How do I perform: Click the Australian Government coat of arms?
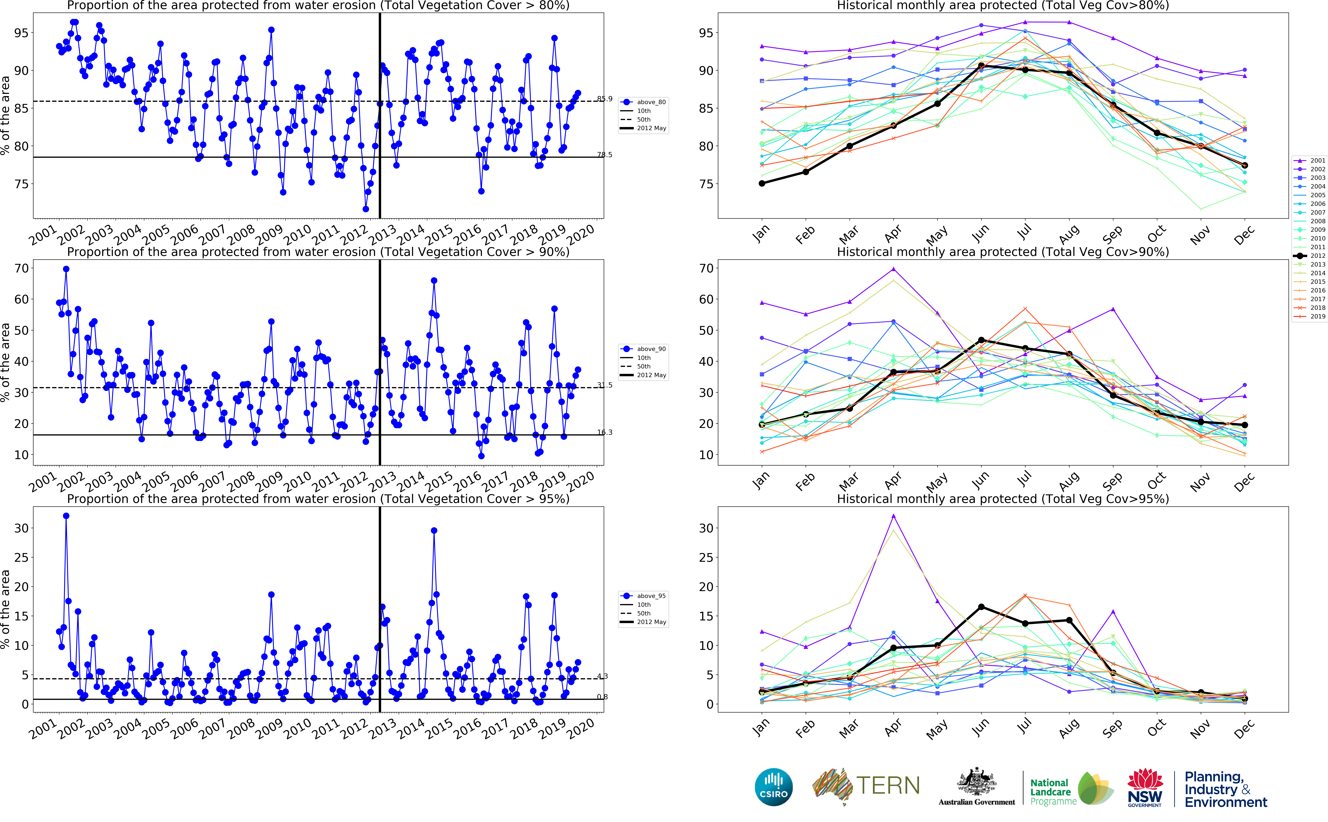(x=977, y=783)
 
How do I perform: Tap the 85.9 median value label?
(x=604, y=99)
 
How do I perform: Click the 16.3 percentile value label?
(x=604, y=432)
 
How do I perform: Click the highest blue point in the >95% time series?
(x=66, y=516)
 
